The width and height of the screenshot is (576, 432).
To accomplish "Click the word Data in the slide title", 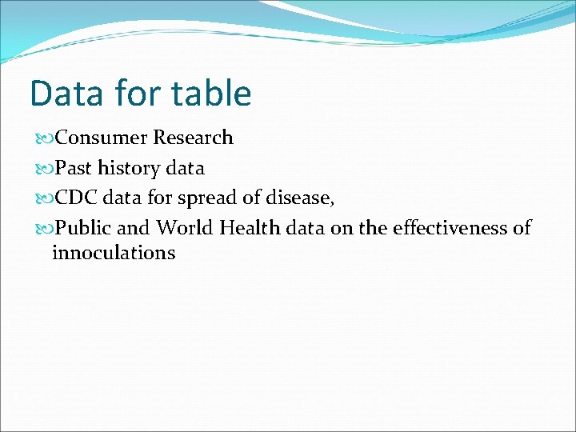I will click(66, 94).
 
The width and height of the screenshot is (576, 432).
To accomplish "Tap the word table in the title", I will click(211, 94).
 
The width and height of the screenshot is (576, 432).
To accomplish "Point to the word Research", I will click(193, 138).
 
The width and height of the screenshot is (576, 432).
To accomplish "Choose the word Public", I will click(83, 228).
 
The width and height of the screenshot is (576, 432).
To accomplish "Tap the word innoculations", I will click(113, 254).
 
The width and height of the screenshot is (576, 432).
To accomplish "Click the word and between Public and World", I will click(133, 228).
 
